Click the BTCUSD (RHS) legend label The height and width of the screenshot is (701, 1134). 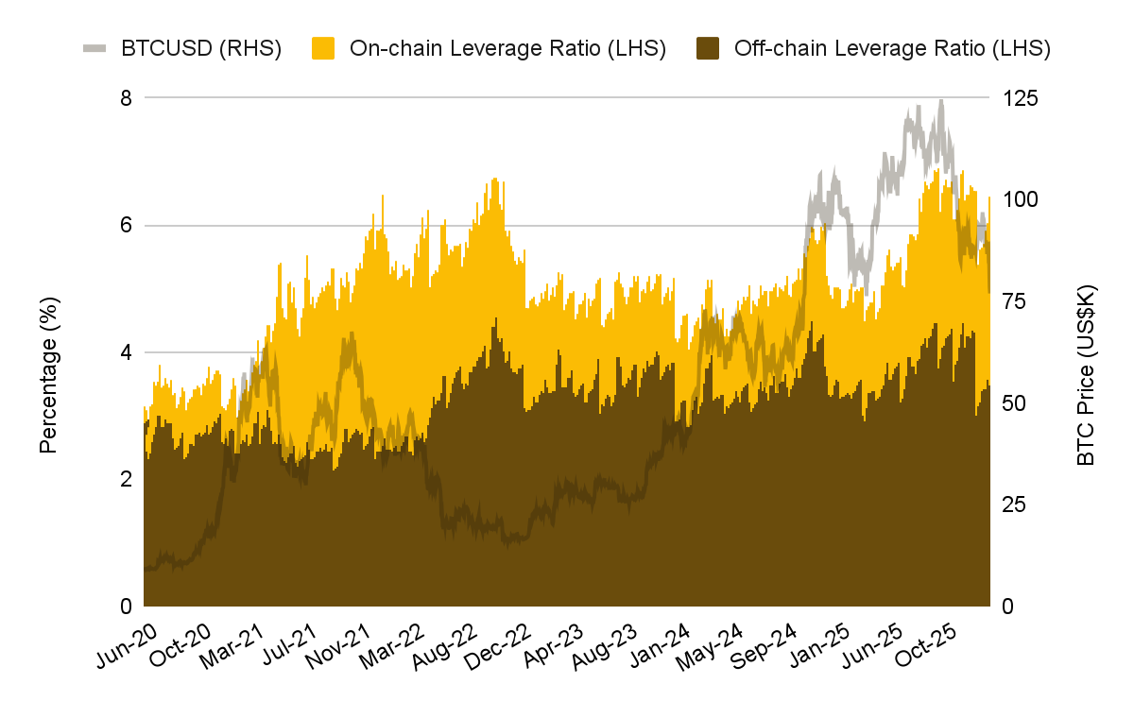coord(201,48)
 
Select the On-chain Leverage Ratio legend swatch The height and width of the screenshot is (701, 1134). coord(324,48)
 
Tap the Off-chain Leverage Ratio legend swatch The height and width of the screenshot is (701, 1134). coord(708,48)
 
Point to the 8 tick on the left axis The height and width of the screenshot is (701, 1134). coord(125,97)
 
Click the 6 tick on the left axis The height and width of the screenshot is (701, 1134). coord(125,225)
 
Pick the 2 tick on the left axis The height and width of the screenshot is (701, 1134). coord(125,479)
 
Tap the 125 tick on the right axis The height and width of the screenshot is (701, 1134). coord(1020,98)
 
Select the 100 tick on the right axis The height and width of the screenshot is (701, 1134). coord(1020,199)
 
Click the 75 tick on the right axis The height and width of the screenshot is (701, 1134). coord(1014,301)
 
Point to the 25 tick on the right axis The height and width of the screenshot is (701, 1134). coord(1014,504)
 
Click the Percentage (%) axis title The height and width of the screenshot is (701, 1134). coord(49,374)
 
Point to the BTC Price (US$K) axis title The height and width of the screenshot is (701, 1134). coord(1086,374)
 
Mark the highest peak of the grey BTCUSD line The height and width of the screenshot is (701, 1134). coord(940,100)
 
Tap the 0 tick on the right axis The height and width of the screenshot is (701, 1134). coord(1008,606)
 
